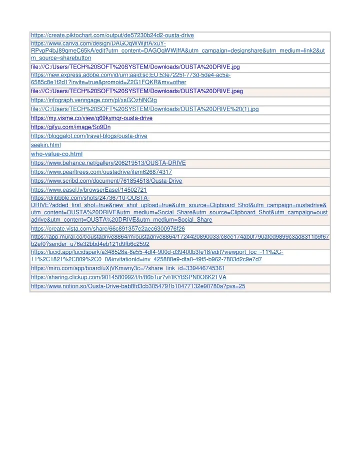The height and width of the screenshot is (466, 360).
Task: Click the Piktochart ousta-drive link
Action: [112, 36]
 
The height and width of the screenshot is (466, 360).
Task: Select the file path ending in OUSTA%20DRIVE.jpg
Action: [135, 67]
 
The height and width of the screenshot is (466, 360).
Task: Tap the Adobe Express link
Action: [130, 79]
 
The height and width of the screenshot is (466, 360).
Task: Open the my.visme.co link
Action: [91, 118]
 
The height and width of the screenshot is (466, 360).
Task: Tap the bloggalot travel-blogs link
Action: [89, 136]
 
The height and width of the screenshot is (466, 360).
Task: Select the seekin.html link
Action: [45, 145]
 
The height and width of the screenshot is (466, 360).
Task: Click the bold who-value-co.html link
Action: [56, 154]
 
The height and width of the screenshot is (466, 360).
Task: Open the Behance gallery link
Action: [108, 163]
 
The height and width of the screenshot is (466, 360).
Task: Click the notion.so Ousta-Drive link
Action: [138, 286]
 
